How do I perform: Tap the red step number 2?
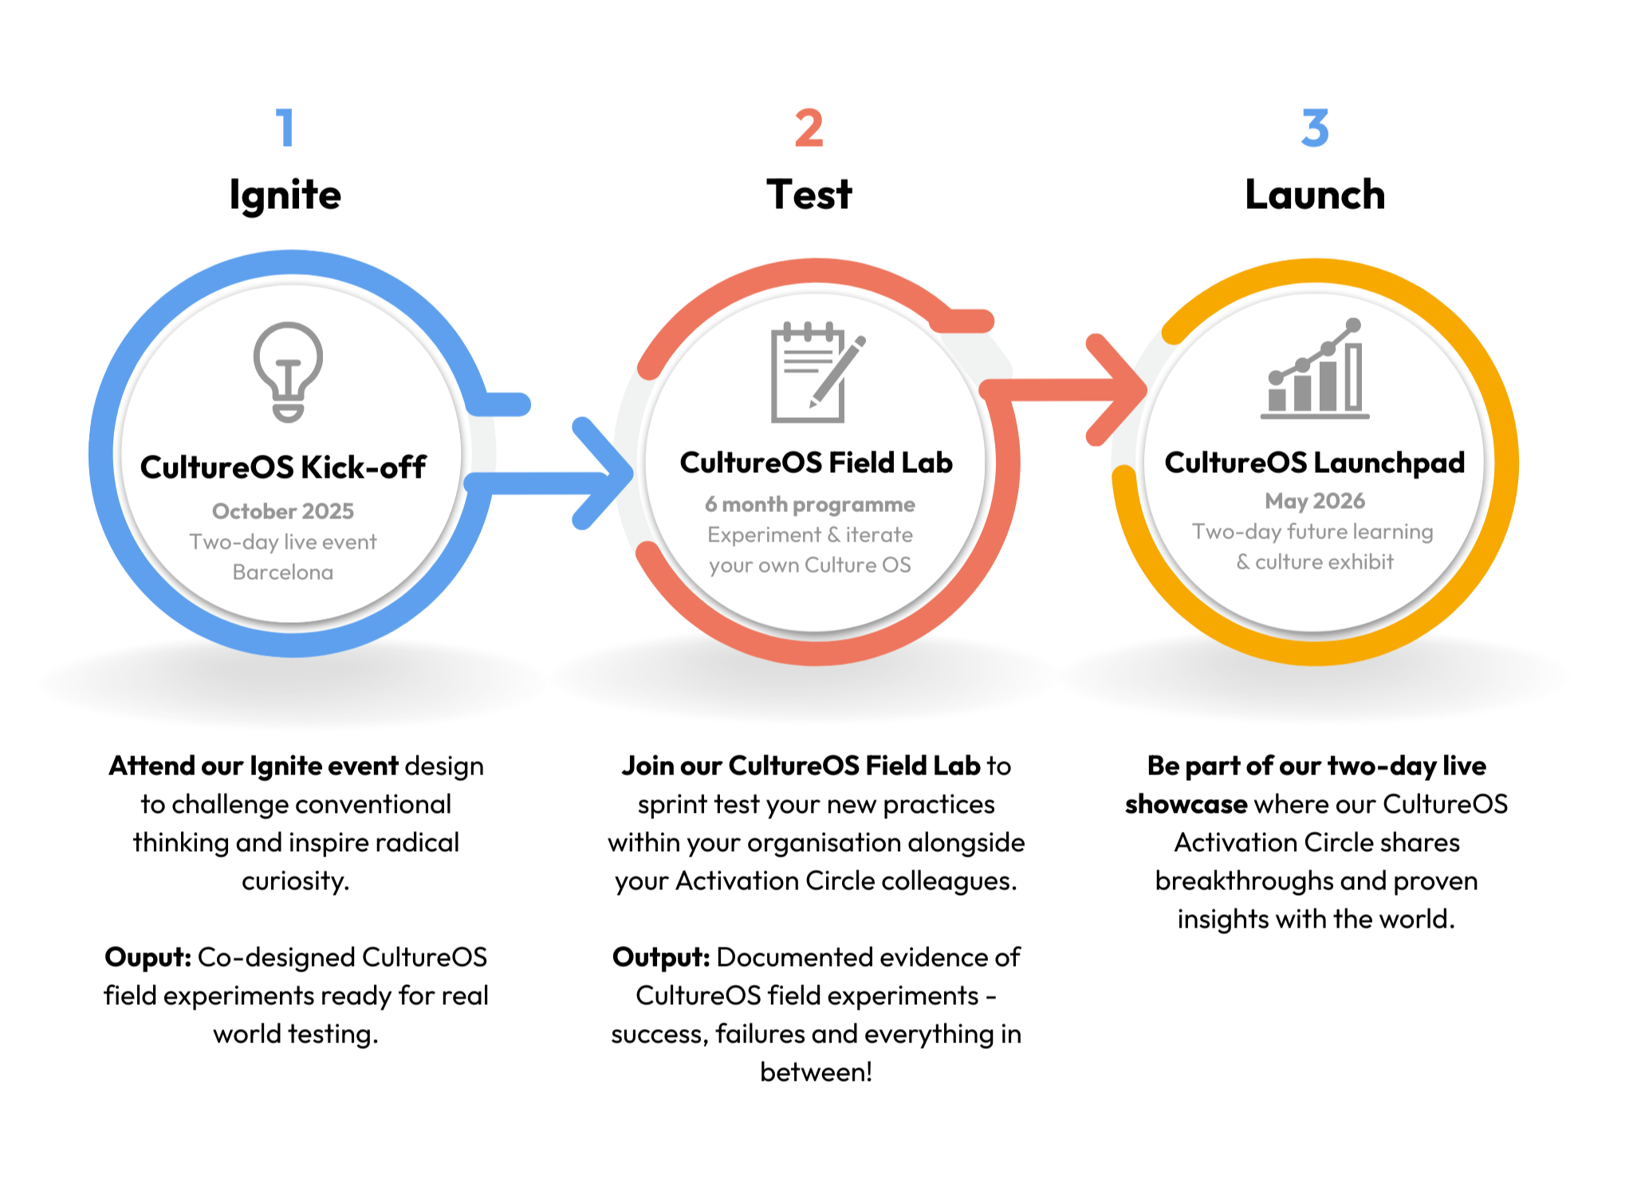tap(809, 128)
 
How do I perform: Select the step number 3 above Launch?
tap(1315, 128)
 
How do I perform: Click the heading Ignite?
tap(285, 195)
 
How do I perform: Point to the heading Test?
tap(809, 195)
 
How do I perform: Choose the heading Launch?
tap(1315, 195)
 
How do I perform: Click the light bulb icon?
tap(288, 372)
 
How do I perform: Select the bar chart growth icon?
tap(1315, 368)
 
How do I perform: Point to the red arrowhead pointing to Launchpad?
tap(1116, 390)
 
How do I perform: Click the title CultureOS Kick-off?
tap(283, 467)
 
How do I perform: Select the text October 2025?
tap(283, 511)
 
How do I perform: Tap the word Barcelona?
tap(283, 573)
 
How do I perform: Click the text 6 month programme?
tap(810, 505)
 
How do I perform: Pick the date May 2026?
tap(1315, 501)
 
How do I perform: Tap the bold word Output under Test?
tap(661, 958)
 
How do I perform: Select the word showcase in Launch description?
tap(1186, 804)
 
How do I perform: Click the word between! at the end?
tap(816, 1072)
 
